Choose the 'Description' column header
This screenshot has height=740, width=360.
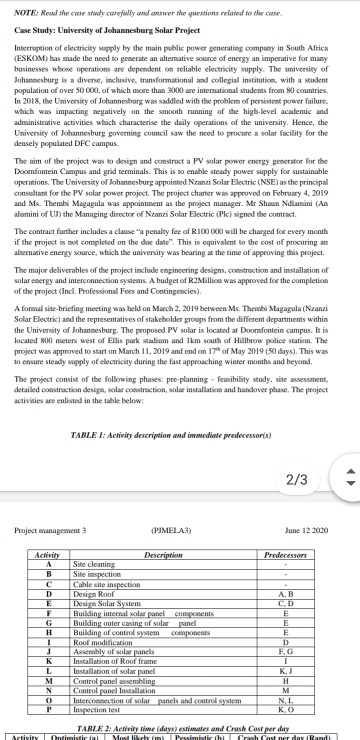point(163,552)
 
